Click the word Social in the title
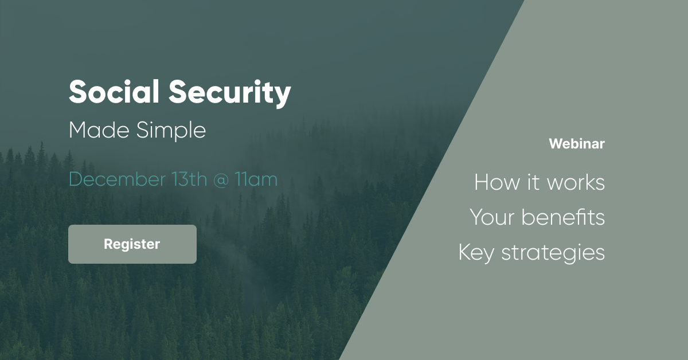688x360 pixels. (114, 92)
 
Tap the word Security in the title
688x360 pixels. (230, 93)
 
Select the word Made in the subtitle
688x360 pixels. (99, 130)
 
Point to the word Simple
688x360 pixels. (171, 131)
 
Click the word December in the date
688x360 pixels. (117, 179)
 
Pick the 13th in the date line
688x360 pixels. (189, 179)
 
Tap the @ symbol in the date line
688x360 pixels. (221, 179)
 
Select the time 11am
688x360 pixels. (256, 179)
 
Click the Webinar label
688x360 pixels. (577, 144)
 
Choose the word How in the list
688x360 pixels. (497, 182)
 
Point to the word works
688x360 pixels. (576, 182)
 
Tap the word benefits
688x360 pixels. (563, 217)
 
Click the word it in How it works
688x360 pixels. (534, 182)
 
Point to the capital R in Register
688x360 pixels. (109, 244)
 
